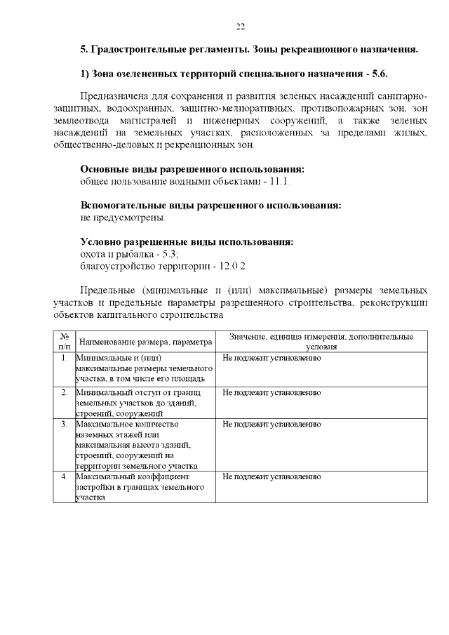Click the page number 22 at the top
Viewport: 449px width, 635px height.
click(x=240, y=26)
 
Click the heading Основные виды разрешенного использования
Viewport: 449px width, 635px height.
click(x=193, y=170)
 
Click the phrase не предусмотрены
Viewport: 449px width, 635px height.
click(x=123, y=218)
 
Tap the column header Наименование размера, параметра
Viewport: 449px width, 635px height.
click(x=145, y=342)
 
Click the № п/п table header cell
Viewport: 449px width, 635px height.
click(x=64, y=342)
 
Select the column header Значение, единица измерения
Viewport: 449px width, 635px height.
click(x=321, y=342)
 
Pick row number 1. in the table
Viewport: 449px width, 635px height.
click(x=64, y=358)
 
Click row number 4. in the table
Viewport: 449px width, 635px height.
click(x=64, y=476)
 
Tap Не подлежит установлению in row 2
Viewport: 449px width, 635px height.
click(x=272, y=392)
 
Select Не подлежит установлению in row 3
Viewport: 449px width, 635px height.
click(x=272, y=425)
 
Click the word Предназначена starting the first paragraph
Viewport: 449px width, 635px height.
click(x=114, y=95)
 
